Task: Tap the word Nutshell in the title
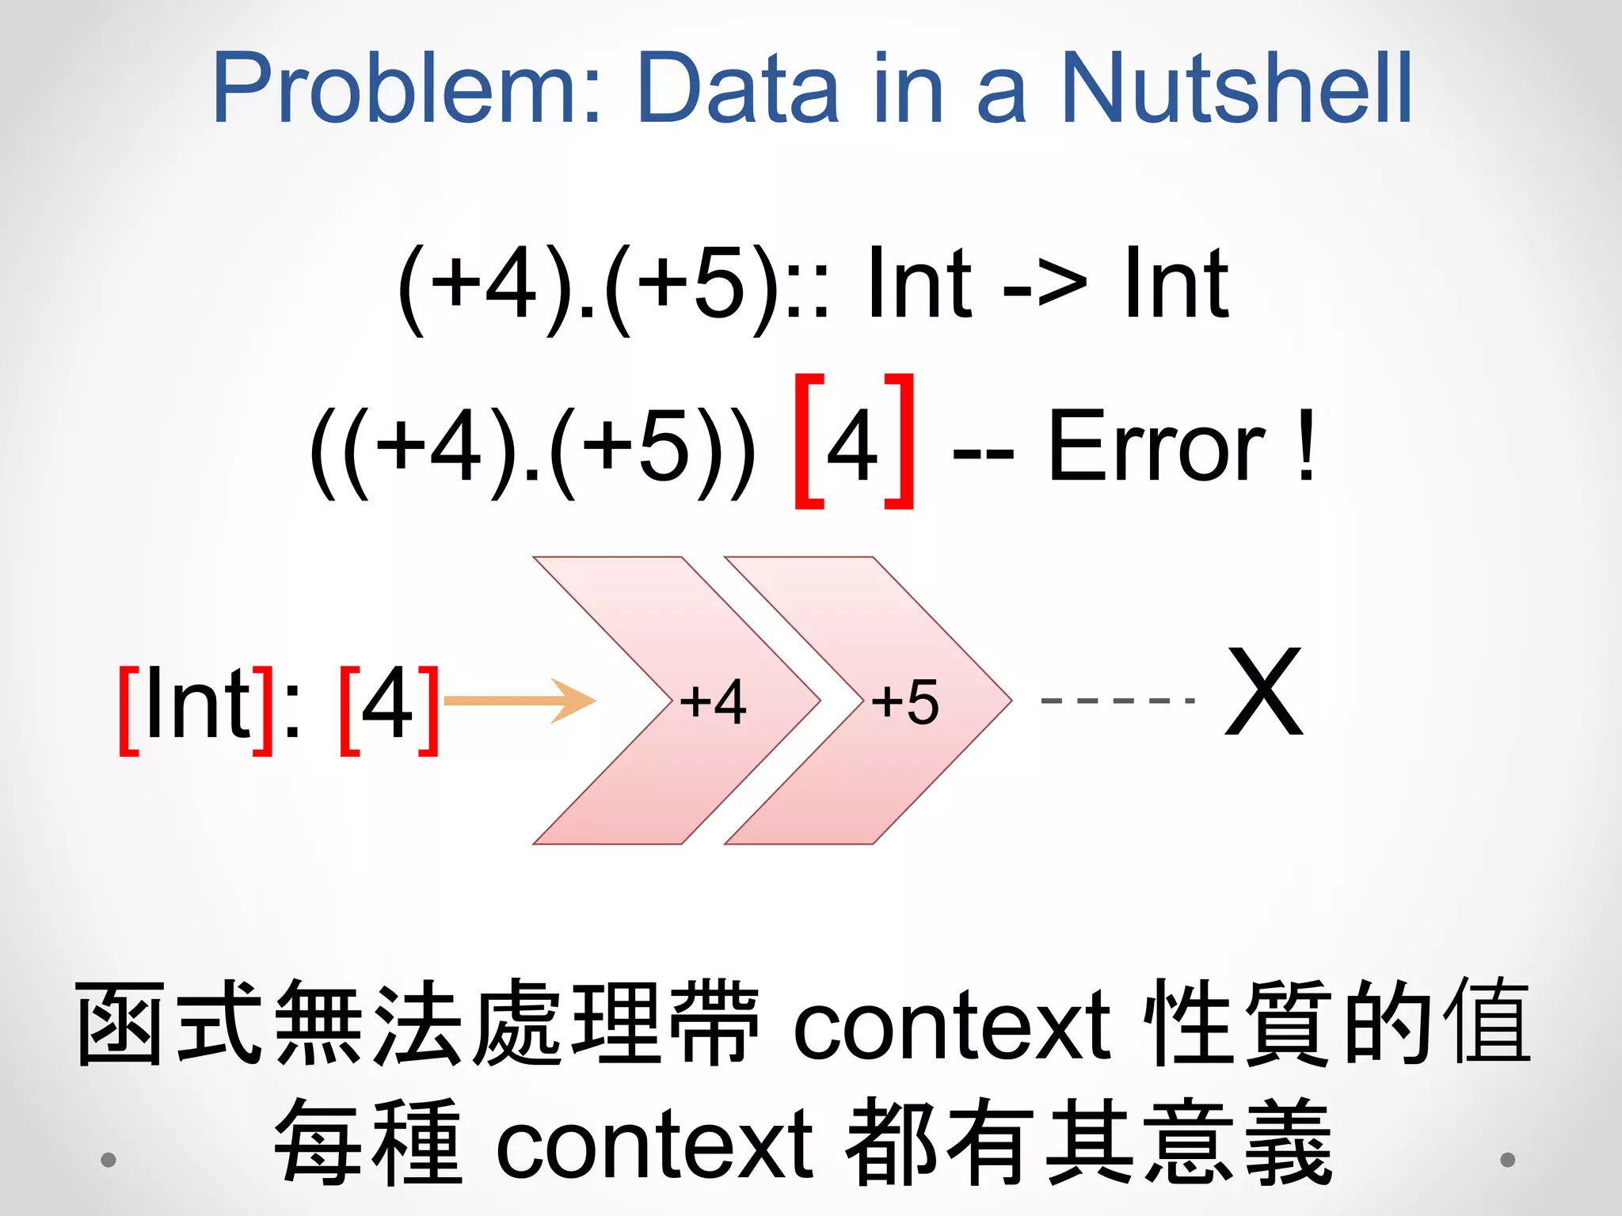click(x=1236, y=87)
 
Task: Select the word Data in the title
click(x=737, y=87)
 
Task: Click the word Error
click(x=1156, y=447)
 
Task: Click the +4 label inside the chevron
click(x=713, y=701)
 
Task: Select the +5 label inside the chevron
click(x=905, y=701)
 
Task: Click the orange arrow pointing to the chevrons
click(x=520, y=701)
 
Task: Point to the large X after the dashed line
click(x=1264, y=692)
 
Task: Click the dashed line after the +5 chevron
click(x=1117, y=701)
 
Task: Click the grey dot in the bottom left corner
click(x=109, y=1160)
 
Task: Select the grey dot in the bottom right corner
click(x=1508, y=1160)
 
